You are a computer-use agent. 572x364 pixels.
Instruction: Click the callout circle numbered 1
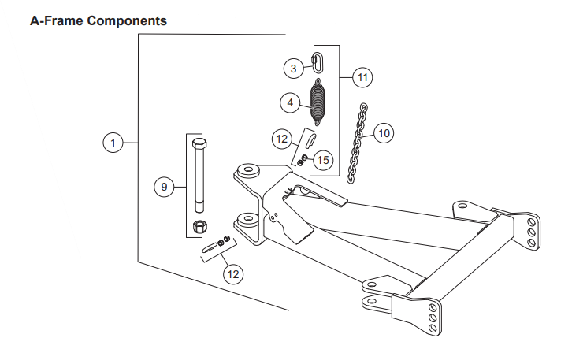coord(113,143)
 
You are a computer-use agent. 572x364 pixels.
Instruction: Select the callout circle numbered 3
coord(293,69)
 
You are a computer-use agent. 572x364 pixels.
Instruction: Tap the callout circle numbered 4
coord(290,102)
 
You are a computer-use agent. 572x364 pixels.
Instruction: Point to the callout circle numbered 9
coord(164,187)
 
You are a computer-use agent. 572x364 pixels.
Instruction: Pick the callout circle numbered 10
coord(383,133)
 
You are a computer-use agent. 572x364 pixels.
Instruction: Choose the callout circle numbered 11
coord(362,77)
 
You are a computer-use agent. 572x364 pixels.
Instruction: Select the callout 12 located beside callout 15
coord(282,139)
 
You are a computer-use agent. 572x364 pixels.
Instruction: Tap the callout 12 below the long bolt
coord(232,274)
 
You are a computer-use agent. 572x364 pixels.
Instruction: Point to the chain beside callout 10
coord(358,143)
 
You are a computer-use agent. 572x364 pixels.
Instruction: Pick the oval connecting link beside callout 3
coord(316,61)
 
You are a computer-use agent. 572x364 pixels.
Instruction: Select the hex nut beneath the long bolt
coord(200,228)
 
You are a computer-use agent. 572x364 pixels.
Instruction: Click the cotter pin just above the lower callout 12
coord(211,248)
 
